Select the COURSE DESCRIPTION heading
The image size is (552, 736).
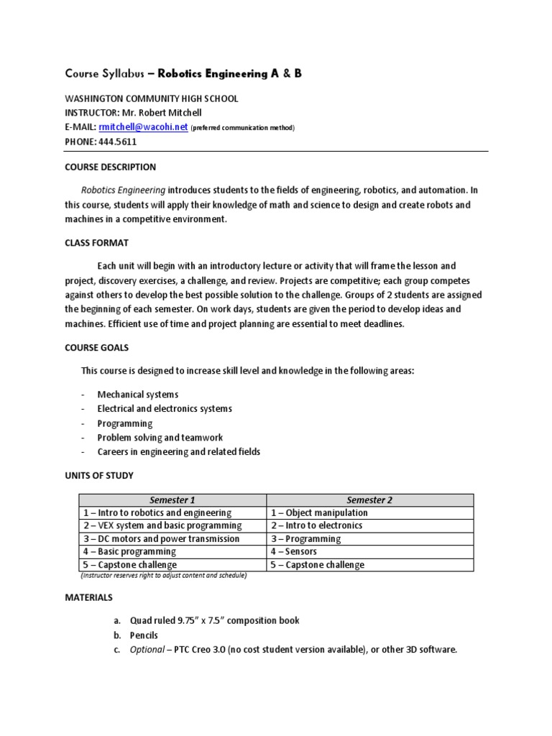[110, 167]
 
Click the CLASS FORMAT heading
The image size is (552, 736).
[97, 243]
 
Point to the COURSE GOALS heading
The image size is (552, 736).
[97, 347]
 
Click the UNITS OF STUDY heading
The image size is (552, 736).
[99, 476]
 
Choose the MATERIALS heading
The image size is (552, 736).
[89, 597]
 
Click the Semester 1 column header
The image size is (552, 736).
[172, 500]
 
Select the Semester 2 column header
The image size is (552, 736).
[369, 500]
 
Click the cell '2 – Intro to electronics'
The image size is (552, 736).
[316, 526]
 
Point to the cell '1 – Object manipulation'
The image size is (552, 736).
[319, 513]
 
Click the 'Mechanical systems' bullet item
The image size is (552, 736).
[138, 395]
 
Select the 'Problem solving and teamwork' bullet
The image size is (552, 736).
[160, 438]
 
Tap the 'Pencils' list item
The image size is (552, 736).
[144, 635]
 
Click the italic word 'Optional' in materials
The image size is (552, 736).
[147, 650]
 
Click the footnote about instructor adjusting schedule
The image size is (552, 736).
[163, 576]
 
